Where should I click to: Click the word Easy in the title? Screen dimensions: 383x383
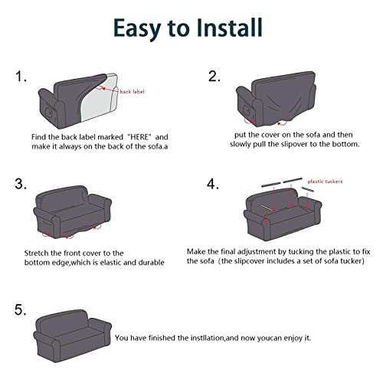pyautogui.click(x=136, y=29)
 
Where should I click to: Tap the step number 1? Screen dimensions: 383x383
pyautogui.click(x=21, y=77)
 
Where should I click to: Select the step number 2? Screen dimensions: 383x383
pyautogui.click(x=214, y=77)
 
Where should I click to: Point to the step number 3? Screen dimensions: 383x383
pyautogui.click(x=21, y=184)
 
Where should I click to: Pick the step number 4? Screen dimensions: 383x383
pyautogui.click(x=212, y=184)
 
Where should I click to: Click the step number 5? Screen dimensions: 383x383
pyautogui.click(x=21, y=309)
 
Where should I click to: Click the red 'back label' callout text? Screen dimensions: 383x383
pyautogui.click(x=132, y=92)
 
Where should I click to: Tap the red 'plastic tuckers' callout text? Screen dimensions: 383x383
pyautogui.click(x=325, y=182)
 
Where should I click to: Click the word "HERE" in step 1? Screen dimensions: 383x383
pyautogui.click(x=139, y=137)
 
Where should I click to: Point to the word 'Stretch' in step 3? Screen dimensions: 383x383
pyautogui.click(x=37, y=253)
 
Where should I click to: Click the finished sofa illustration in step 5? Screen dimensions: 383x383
pyautogui.click(x=72, y=336)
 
